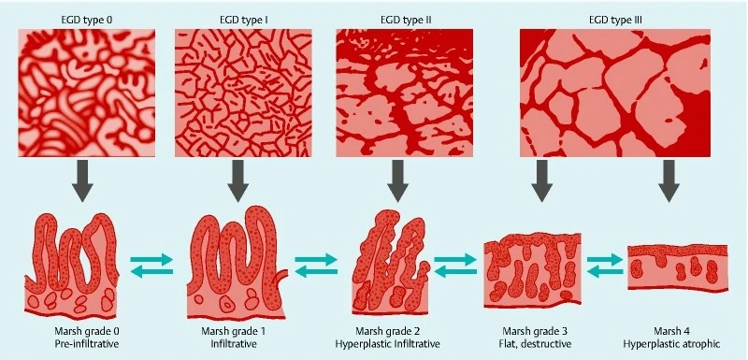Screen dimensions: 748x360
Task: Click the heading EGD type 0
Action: tap(87, 21)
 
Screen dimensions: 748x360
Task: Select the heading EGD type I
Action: tap(243, 21)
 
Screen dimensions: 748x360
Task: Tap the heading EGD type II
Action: tap(406, 21)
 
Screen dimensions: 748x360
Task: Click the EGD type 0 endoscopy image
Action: tap(87, 93)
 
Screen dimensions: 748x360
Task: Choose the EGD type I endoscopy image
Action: tap(243, 93)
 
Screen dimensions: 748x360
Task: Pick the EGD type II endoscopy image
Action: tap(405, 93)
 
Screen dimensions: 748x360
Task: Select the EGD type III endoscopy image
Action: tap(615, 93)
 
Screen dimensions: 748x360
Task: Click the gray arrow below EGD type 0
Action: tap(82, 180)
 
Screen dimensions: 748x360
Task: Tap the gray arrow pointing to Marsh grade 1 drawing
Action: tap(238, 180)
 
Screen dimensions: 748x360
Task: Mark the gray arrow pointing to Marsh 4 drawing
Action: tap(669, 180)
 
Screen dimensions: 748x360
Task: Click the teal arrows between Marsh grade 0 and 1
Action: tap(151, 266)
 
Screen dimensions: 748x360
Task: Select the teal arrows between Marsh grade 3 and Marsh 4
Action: tap(605, 266)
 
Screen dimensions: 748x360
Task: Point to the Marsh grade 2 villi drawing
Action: tap(391, 262)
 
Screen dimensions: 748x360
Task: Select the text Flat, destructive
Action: tap(536, 343)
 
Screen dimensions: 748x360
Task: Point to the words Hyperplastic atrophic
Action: tap(677, 343)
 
